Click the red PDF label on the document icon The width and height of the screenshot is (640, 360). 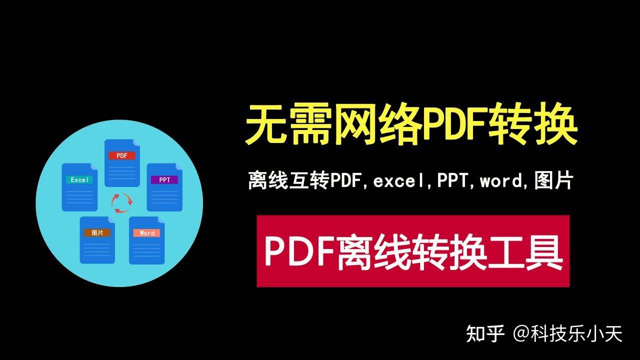[122, 155]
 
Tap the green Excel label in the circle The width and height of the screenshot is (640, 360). [79, 179]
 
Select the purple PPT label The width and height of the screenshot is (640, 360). [164, 180]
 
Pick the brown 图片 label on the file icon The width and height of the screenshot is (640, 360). [97, 232]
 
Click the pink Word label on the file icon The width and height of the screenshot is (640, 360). [147, 233]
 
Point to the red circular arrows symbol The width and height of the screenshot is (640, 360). [122, 203]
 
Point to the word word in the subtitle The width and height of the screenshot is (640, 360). [501, 181]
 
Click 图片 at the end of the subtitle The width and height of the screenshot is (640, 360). [553, 181]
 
